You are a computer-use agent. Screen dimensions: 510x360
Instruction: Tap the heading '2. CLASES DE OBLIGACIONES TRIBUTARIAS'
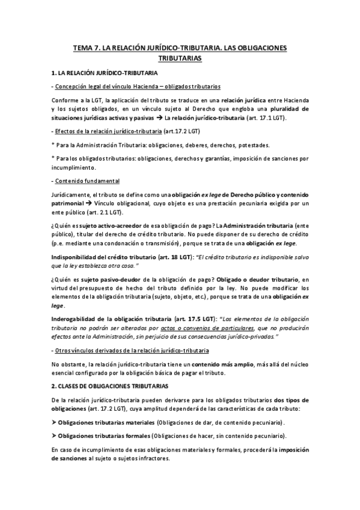109,384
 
